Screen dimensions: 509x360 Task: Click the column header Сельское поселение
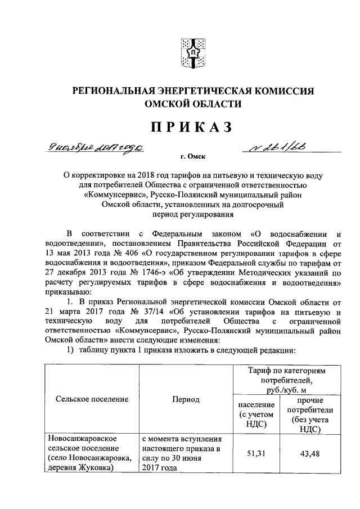(92, 399)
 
